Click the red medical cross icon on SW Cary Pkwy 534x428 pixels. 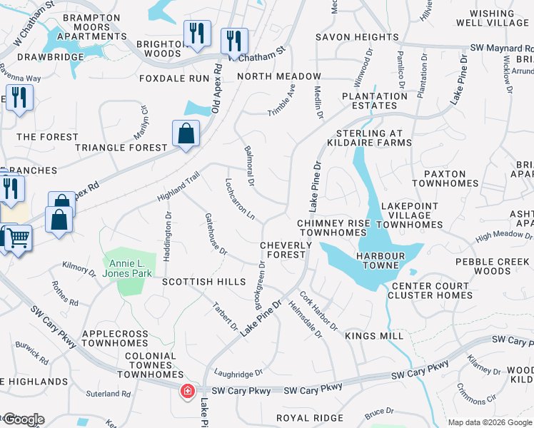(x=187, y=391)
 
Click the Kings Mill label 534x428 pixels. (x=374, y=335)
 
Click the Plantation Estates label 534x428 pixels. (x=375, y=101)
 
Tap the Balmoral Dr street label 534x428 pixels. (x=250, y=165)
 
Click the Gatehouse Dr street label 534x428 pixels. (x=215, y=234)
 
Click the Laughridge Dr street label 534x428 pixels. (x=238, y=373)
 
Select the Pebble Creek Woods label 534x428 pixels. (x=493, y=266)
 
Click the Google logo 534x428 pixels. (x=23, y=419)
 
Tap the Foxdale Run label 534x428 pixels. (x=175, y=78)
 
